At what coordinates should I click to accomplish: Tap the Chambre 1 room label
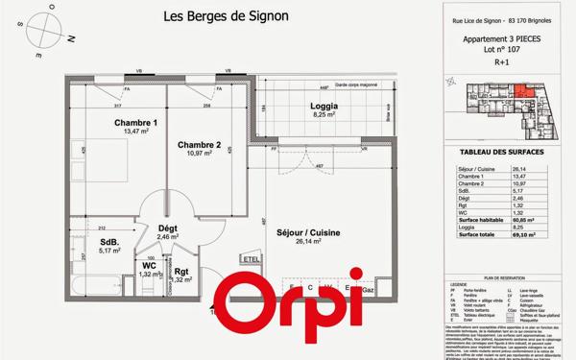135,123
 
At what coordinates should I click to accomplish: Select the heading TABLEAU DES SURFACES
496,153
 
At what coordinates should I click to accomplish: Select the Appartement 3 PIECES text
497,39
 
